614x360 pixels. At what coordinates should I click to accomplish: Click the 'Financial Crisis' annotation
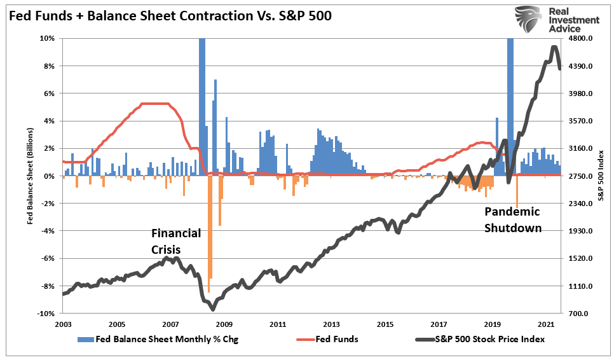tap(175, 241)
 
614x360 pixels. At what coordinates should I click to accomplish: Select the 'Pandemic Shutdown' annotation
tap(513, 219)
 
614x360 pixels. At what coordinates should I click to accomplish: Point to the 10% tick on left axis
tap(48, 38)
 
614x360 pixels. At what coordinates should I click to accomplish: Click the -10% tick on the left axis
tap(46, 314)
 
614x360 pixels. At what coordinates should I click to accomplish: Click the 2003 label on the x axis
tap(62, 324)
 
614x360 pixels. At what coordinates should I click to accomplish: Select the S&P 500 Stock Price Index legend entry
tap(489, 339)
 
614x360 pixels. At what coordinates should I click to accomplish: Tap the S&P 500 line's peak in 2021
tap(554, 47)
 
